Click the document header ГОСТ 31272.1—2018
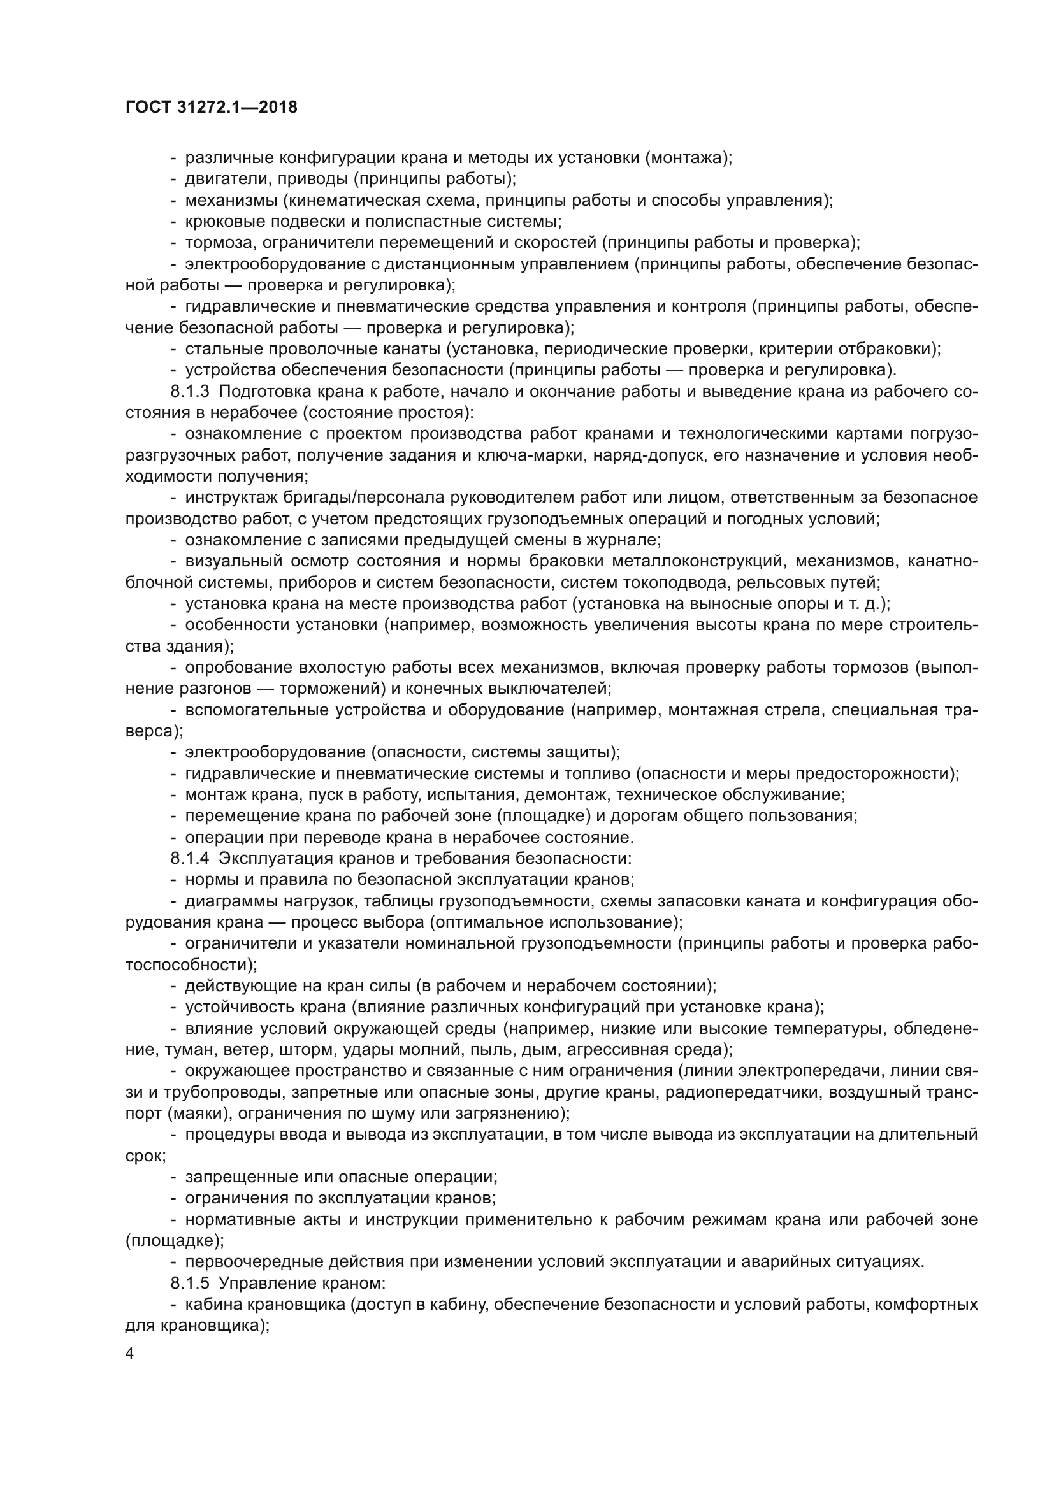(211, 107)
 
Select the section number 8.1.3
(190, 391)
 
